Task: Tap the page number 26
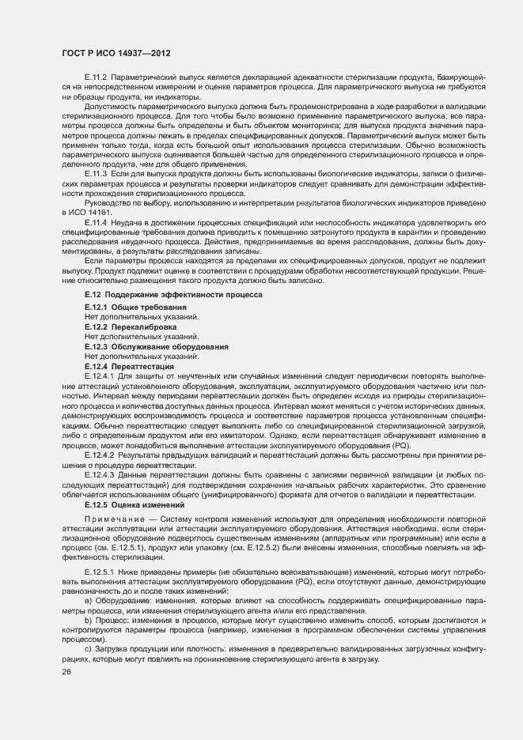pos(66,671)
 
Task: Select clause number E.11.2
pos(96,77)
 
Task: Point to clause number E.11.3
pos(96,172)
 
